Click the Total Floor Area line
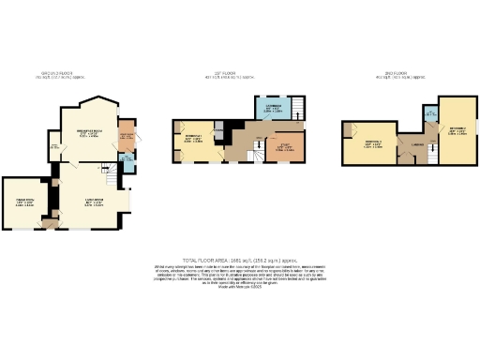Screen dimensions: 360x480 pyautogui.click(x=240, y=261)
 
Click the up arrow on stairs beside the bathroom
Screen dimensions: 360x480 pyautogui.click(x=294, y=106)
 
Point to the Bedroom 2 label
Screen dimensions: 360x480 pyautogui.click(x=456, y=129)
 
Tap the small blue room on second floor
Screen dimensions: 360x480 pyautogui.click(x=429, y=116)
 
